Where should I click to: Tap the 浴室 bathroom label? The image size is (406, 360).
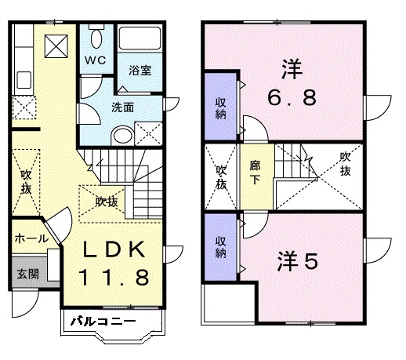(x=140, y=70)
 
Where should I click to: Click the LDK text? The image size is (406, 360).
(x=114, y=250)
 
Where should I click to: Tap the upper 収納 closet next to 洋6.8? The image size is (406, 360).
(x=221, y=107)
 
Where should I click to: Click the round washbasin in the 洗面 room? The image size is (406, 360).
(x=121, y=136)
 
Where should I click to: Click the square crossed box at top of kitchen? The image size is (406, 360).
(x=56, y=47)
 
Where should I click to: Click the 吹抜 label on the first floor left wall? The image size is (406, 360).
(x=26, y=182)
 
